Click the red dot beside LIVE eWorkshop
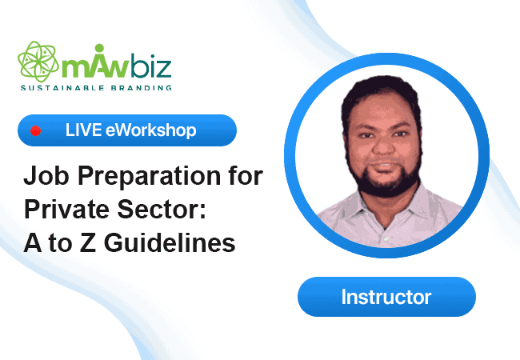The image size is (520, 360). pyautogui.click(x=35, y=130)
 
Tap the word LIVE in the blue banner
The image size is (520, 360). pyautogui.click(x=83, y=130)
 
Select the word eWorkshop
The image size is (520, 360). pyautogui.click(x=151, y=130)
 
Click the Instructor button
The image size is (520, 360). pyautogui.click(x=386, y=297)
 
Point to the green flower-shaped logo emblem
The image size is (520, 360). pyautogui.click(x=38, y=62)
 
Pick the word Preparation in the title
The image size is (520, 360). pyautogui.click(x=150, y=176)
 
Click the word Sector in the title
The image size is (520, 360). pyautogui.click(x=162, y=210)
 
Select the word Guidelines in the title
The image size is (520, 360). pyautogui.click(x=170, y=242)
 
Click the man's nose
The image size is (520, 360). pyautogui.click(x=384, y=145)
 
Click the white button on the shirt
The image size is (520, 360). pyautogui.click(x=386, y=238)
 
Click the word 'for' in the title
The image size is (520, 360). pyautogui.click(x=246, y=176)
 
